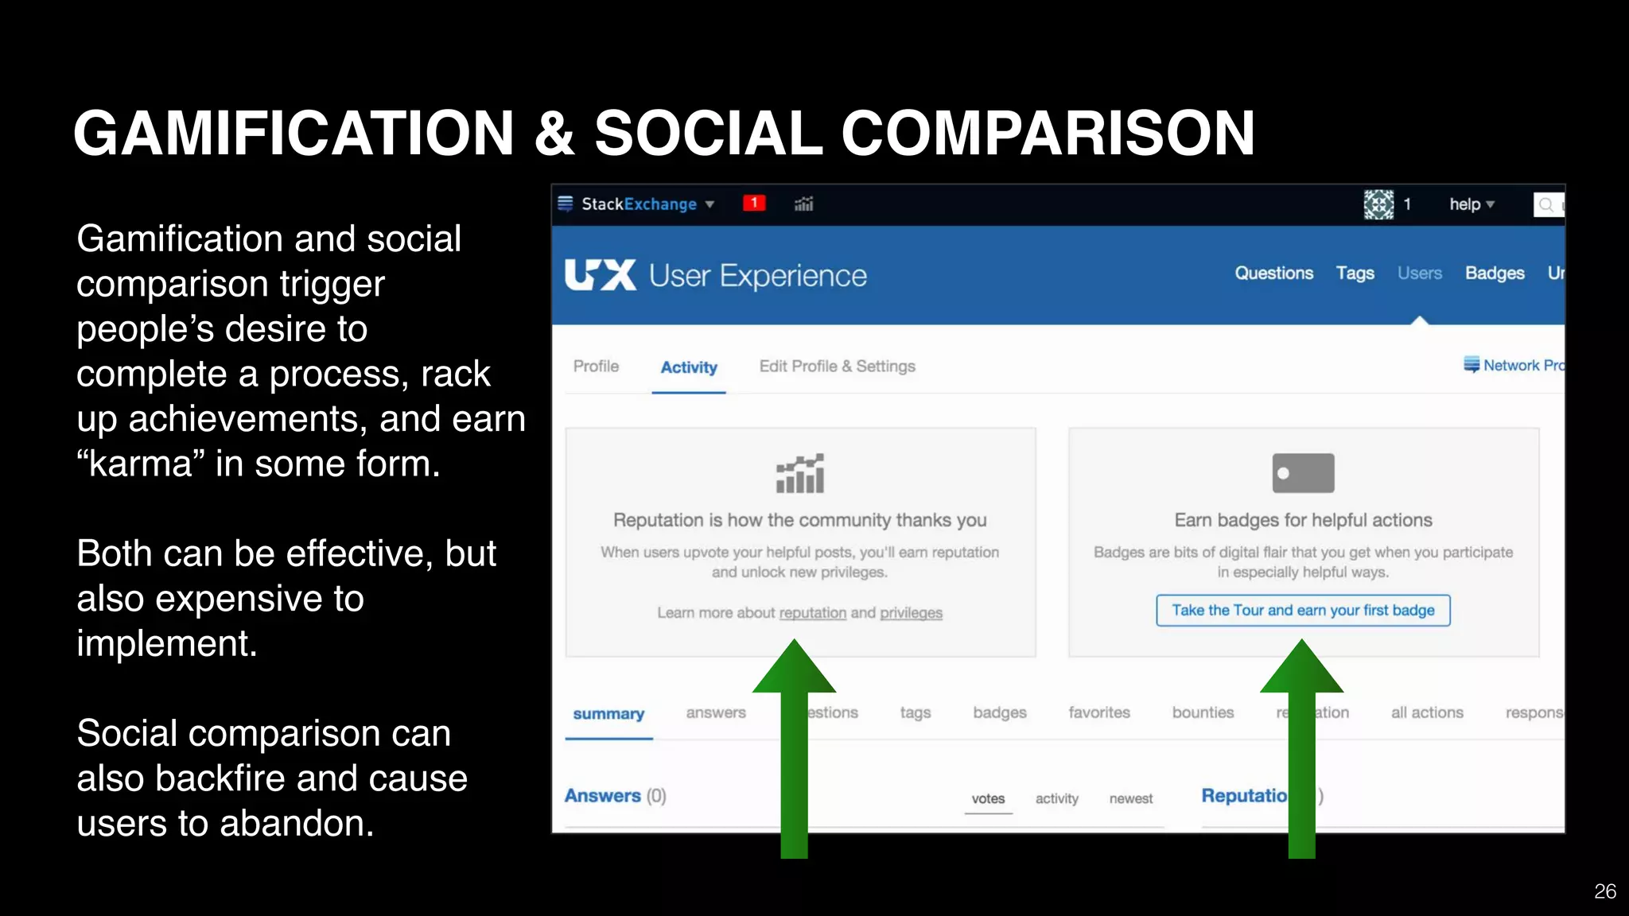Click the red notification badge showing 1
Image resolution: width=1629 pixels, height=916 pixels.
click(753, 204)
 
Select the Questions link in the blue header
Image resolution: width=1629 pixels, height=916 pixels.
click(1273, 274)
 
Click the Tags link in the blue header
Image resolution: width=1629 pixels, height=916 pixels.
click(1355, 274)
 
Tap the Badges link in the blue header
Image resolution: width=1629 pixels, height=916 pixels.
click(1495, 274)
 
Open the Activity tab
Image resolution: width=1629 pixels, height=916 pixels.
click(689, 367)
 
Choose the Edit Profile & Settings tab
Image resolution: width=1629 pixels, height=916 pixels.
click(837, 367)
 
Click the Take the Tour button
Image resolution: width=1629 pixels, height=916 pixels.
click(1303, 611)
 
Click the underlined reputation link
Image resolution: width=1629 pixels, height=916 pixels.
click(812, 613)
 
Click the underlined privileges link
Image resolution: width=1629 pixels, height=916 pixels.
click(911, 613)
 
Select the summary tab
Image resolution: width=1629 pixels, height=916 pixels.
click(608, 714)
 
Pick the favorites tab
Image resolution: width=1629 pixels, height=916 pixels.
click(1098, 713)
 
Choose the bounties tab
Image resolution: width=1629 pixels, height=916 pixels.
click(1203, 713)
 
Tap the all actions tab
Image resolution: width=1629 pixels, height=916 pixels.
click(1427, 713)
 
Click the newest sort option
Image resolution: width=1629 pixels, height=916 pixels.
click(1130, 799)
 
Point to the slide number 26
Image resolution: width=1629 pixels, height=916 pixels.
click(1604, 891)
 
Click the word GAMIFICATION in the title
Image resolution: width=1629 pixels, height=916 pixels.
click(294, 133)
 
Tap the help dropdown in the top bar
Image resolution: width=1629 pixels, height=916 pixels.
click(1471, 205)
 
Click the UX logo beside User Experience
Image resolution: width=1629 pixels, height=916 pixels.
click(600, 275)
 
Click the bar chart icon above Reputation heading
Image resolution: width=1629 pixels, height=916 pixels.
click(800, 474)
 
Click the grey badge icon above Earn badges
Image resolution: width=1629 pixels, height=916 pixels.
click(1303, 474)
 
